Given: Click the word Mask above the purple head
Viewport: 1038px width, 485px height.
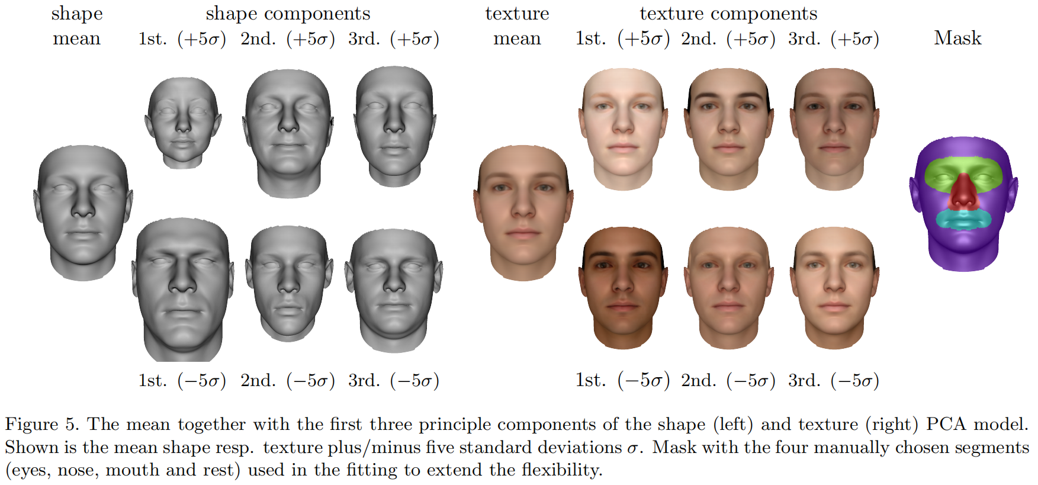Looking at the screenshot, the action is tap(957, 38).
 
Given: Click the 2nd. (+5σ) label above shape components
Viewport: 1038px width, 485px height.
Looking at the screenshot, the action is tap(288, 39).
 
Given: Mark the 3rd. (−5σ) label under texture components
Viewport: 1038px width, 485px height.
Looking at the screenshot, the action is tap(833, 380).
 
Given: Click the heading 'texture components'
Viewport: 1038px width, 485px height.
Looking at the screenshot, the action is tap(728, 13).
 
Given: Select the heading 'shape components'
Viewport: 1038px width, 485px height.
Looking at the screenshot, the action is tap(288, 13).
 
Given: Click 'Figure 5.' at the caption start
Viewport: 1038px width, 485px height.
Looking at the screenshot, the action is tap(41, 424).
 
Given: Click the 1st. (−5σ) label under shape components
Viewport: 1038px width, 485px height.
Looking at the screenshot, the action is tap(182, 380).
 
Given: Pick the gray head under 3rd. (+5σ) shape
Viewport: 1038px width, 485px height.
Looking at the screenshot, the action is tap(394, 124).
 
